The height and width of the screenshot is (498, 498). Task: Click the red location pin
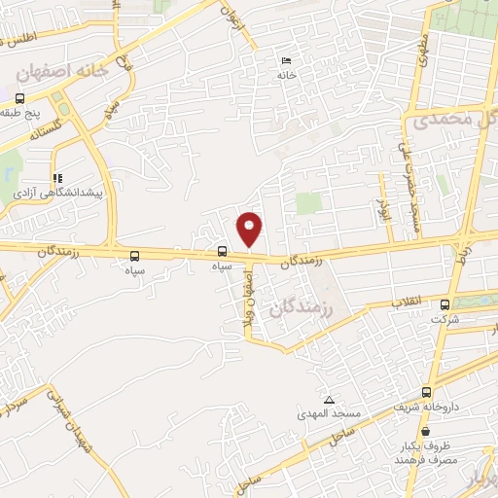[x=250, y=230]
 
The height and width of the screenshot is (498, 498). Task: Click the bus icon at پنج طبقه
[x=18, y=98]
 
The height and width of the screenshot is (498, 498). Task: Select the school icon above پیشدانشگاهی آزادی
[x=57, y=179]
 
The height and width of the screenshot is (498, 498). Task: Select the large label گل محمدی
[x=453, y=121]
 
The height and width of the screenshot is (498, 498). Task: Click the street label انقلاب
[x=405, y=302]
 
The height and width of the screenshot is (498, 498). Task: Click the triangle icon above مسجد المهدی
[x=329, y=400]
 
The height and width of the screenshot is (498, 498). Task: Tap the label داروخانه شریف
[x=426, y=409]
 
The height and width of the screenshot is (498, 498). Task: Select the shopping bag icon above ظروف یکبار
[x=426, y=432]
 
